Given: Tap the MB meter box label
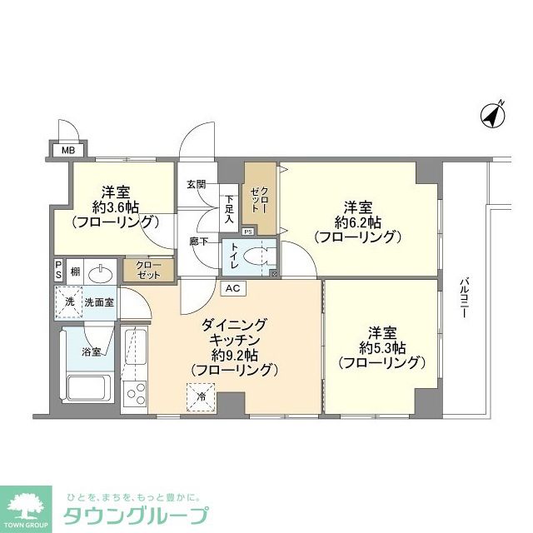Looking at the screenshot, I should (x=64, y=152).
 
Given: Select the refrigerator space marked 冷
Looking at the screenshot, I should (x=201, y=395).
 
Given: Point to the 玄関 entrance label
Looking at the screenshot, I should (x=197, y=184).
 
